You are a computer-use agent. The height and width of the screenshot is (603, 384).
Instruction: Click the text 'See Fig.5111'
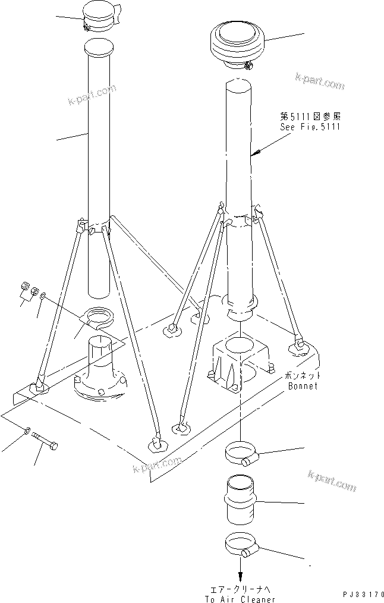click(310, 127)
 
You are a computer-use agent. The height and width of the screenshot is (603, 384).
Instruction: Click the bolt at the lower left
click(46, 442)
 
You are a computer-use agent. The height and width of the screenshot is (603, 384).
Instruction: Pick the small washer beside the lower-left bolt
click(29, 430)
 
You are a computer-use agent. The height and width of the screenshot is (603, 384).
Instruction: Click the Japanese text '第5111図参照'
click(310, 117)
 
